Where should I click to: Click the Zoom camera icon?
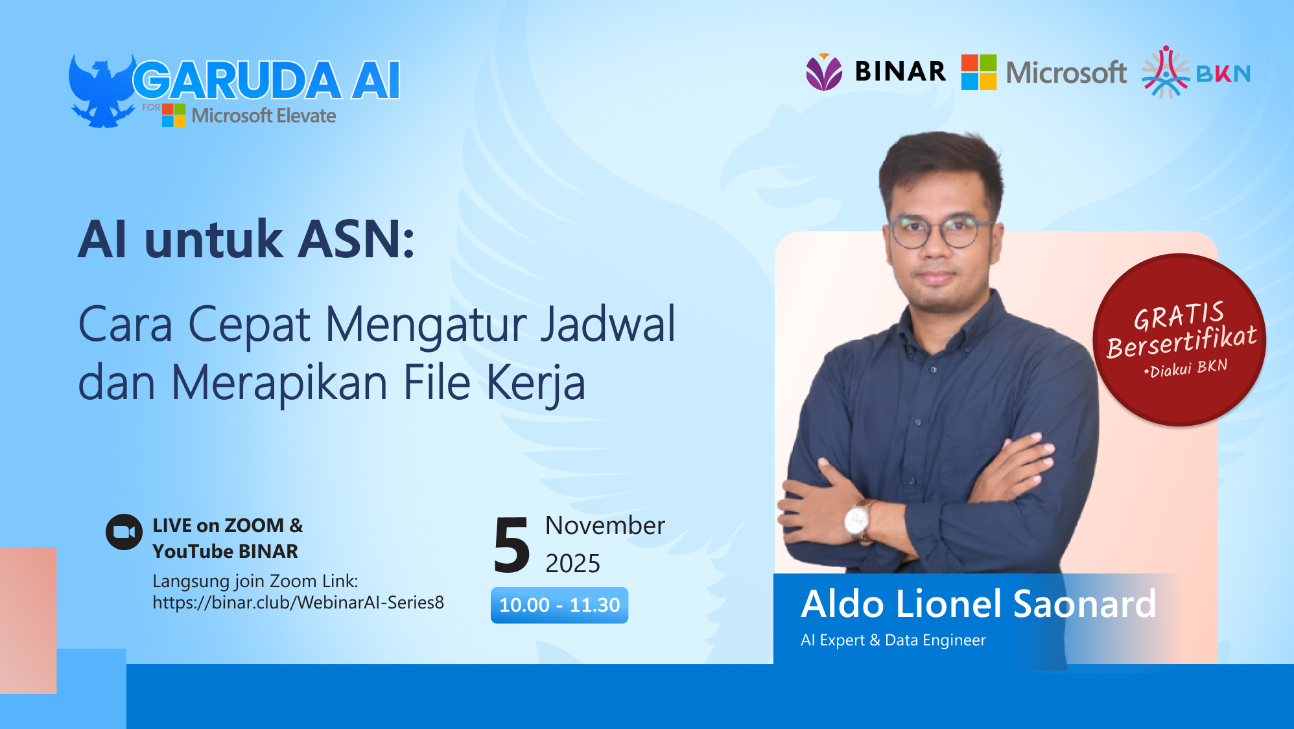(x=124, y=532)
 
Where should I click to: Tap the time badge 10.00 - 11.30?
(x=559, y=605)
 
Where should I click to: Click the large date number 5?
(x=512, y=546)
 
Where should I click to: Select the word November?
(x=605, y=526)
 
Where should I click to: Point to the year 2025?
(x=572, y=564)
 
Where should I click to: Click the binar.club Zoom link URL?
(x=298, y=603)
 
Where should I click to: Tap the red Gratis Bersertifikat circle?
(x=1179, y=340)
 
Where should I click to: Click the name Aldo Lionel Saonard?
(x=978, y=604)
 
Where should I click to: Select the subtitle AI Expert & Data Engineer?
(x=893, y=640)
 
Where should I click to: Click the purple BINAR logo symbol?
(x=824, y=72)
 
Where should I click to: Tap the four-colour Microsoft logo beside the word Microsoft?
(x=978, y=72)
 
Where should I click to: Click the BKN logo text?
(x=1223, y=74)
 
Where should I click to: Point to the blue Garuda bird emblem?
(x=102, y=91)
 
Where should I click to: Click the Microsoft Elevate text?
(x=264, y=116)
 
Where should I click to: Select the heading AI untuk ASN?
(x=246, y=240)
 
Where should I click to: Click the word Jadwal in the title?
(x=608, y=324)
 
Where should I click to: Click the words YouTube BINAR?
(x=225, y=551)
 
